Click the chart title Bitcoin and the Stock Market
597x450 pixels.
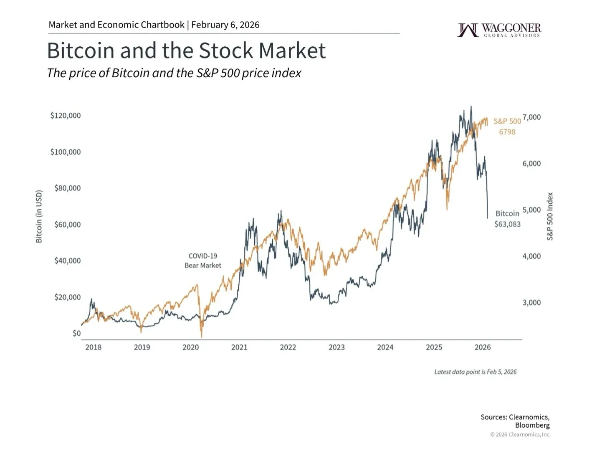(x=186, y=51)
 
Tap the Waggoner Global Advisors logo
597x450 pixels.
(x=499, y=30)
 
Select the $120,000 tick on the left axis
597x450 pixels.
(x=66, y=116)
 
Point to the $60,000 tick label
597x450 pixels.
(x=68, y=225)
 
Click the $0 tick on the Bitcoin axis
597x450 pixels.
(x=76, y=333)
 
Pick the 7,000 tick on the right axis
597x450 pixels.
(x=531, y=117)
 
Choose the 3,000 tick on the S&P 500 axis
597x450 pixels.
(x=531, y=303)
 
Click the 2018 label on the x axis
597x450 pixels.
(x=93, y=347)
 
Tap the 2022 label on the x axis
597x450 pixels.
(x=288, y=347)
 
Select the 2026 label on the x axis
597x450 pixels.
(x=483, y=347)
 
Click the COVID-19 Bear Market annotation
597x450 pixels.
(x=203, y=260)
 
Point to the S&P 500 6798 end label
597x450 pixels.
(x=507, y=126)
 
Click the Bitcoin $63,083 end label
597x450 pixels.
(x=507, y=219)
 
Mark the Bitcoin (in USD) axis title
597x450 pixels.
(x=39, y=216)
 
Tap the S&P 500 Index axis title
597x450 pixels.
(x=550, y=216)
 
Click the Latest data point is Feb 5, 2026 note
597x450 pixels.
(x=475, y=372)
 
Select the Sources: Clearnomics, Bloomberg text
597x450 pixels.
(x=515, y=421)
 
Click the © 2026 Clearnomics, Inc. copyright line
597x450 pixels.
(x=520, y=435)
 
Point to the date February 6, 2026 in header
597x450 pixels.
(x=225, y=25)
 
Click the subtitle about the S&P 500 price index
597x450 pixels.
(x=174, y=73)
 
